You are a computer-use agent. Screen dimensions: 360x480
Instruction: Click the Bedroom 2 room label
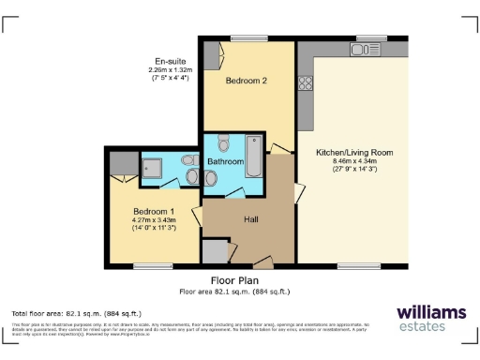247,82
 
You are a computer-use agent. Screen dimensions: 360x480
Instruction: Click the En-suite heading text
172,60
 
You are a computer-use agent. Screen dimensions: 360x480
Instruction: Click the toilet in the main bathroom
222,143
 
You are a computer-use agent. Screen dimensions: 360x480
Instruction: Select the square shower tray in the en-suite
153,168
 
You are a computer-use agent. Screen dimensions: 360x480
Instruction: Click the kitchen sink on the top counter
365,49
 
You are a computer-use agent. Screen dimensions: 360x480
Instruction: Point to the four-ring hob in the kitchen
306,83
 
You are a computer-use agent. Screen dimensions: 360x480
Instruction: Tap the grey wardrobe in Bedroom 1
120,166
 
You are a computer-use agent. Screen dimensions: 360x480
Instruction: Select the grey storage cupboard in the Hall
216,250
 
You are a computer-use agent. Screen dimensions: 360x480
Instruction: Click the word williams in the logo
430,312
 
